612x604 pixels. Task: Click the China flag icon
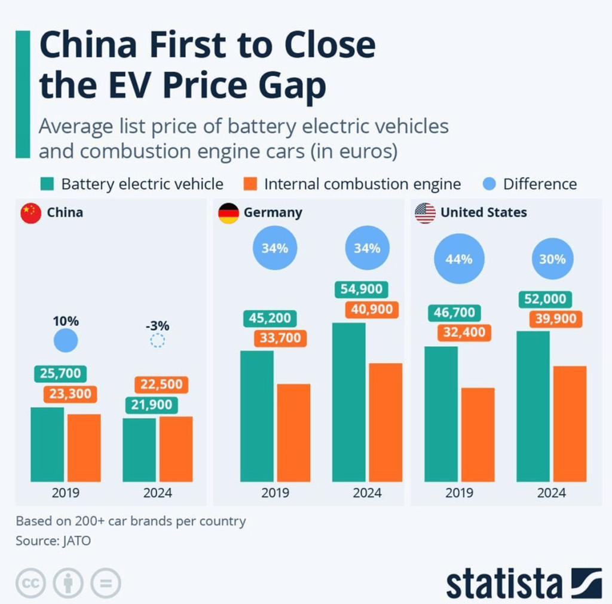(x=30, y=213)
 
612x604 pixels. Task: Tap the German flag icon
(x=228, y=213)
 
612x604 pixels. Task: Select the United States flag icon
(x=425, y=213)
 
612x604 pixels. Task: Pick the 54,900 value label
(x=362, y=289)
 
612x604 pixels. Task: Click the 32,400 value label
(x=464, y=332)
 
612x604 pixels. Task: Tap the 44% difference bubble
(x=459, y=259)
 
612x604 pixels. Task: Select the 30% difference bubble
(x=552, y=259)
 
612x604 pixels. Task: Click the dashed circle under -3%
(x=157, y=341)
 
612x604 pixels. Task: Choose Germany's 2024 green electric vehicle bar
(x=349, y=402)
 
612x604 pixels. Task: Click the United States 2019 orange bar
(x=478, y=434)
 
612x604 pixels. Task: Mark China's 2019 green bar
(x=47, y=444)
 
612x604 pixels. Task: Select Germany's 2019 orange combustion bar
(x=293, y=432)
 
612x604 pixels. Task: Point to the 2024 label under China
(x=157, y=493)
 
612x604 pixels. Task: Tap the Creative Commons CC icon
(x=31, y=582)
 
